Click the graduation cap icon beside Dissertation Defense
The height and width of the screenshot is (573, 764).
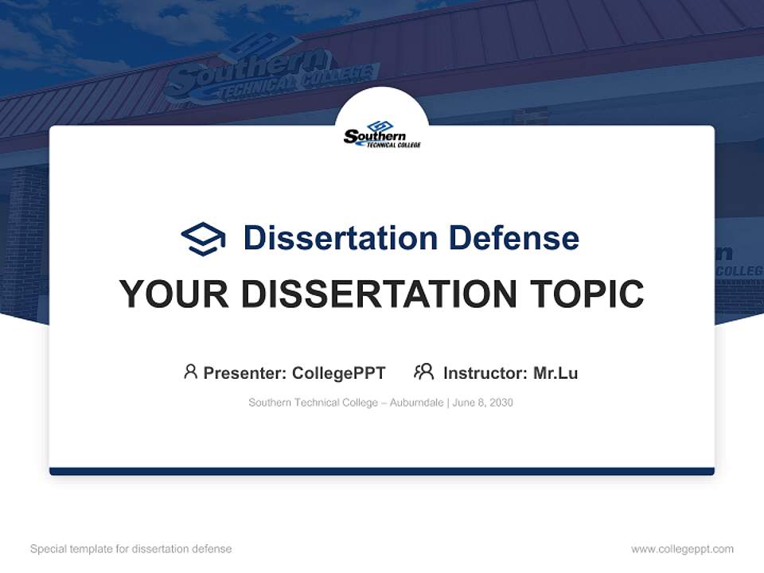(x=203, y=238)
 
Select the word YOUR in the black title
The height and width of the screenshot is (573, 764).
(x=174, y=294)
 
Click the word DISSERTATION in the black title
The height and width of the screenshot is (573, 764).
(x=377, y=294)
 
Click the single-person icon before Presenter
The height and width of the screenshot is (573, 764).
(x=190, y=372)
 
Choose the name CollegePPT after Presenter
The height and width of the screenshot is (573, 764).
(x=339, y=373)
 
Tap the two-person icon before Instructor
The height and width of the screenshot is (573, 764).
(x=424, y=372)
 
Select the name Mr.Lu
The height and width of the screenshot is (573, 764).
(x=555, y=373)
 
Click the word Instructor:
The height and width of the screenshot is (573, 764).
(x=485, y=373)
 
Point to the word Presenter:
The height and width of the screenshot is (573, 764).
(x=245, y=373)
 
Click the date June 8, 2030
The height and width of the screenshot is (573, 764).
(x=483, y=403)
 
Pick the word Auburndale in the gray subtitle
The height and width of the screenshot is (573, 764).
(x=419, y=403)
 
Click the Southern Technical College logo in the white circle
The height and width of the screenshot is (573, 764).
(x=382, y=135)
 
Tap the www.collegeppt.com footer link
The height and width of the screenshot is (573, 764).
(x=682, y=549)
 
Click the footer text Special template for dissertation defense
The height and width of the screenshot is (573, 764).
(x=131, y=549)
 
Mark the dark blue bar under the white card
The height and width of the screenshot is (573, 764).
(x=382, y=471)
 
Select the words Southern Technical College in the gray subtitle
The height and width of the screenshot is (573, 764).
(x=313, y=403)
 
